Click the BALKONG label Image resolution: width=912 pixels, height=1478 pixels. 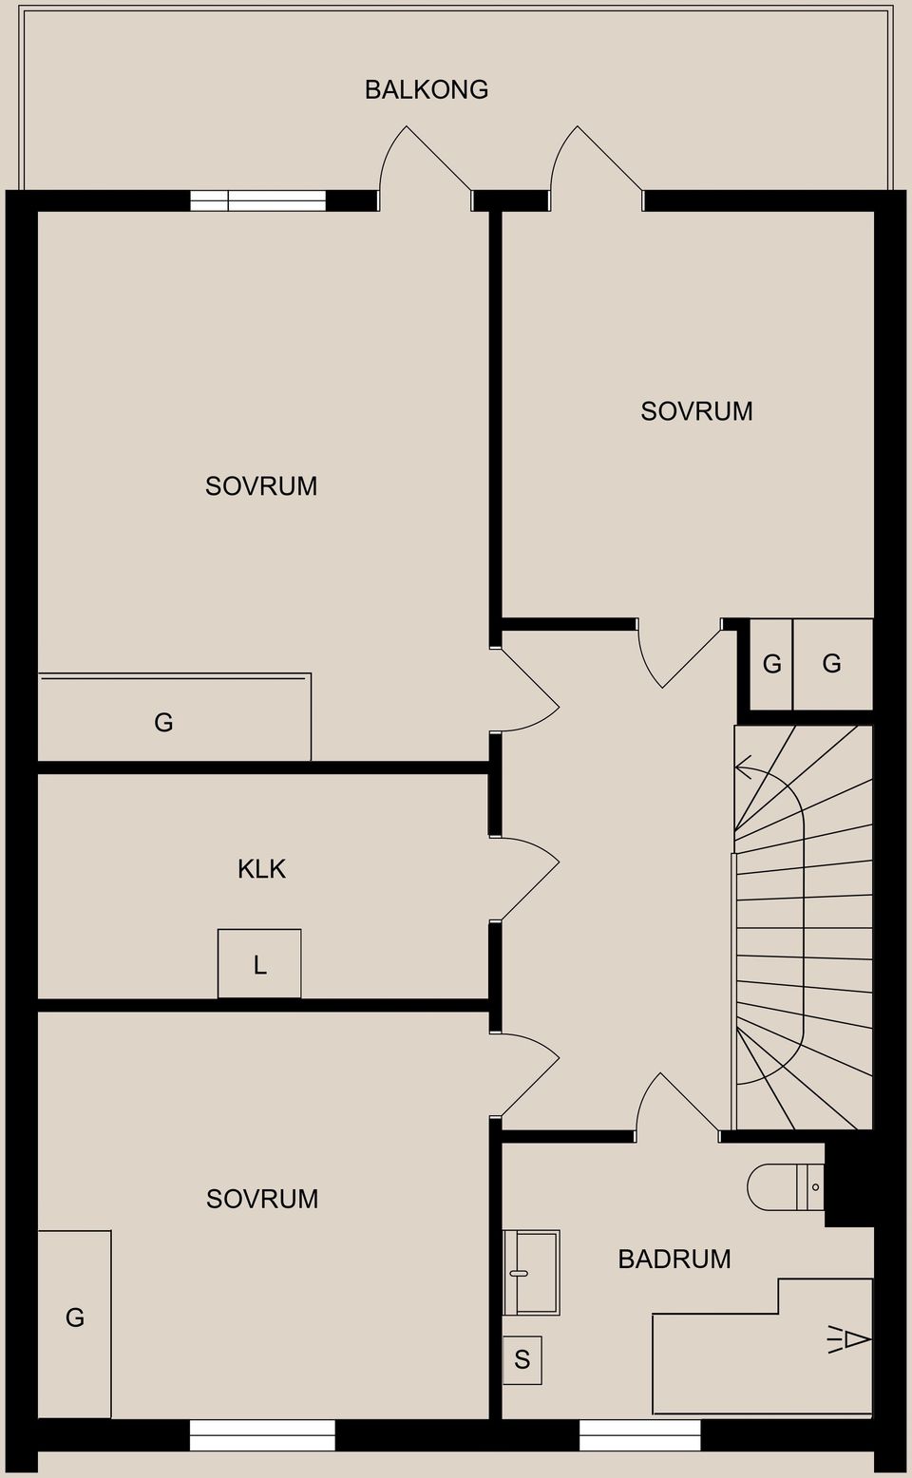[x=427, y=89]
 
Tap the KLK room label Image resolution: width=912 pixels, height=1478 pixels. [x=261, y=868]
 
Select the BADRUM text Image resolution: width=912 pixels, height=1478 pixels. [x=674, y=1259]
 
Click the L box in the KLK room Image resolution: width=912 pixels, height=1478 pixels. [x=259, y=964]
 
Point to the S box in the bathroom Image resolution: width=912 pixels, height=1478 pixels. [x=522, y=1359]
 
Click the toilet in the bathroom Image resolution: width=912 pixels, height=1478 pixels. [x=784, y=1187]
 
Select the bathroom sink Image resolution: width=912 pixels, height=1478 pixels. [x=531, y=1272]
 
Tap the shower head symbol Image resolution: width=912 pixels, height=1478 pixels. [x=851, y=1340]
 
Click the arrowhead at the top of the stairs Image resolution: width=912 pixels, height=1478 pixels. [x=743, y=766]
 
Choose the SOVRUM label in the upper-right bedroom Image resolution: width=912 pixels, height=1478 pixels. [x=696, y=411]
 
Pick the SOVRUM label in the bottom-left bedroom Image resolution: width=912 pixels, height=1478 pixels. [x=262, y=1199]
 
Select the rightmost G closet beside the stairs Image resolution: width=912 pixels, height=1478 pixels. [x=832, y=663]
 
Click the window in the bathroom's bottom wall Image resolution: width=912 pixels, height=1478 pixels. [x=639, y=1434]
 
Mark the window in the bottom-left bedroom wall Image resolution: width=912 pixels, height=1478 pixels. [x=262, y=1434]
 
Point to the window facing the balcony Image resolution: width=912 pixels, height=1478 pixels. [x=258, y=199]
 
